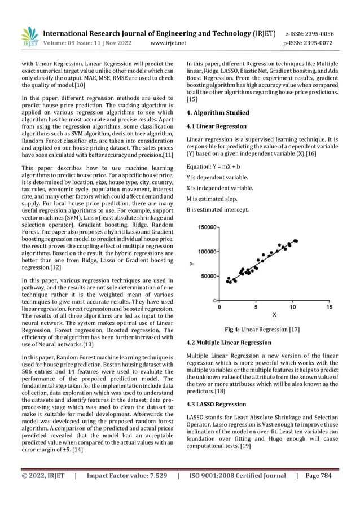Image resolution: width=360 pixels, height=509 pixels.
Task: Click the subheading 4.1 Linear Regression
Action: [216, 126]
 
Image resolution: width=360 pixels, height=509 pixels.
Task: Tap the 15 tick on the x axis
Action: [329, 308]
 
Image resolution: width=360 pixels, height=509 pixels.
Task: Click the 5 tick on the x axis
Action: [256, 308]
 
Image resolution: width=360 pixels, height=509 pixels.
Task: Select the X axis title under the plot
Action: [274, 314]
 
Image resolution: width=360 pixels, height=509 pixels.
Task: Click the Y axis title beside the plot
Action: [192, 264]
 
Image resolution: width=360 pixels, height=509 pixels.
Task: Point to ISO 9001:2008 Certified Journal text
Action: [237, 492]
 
